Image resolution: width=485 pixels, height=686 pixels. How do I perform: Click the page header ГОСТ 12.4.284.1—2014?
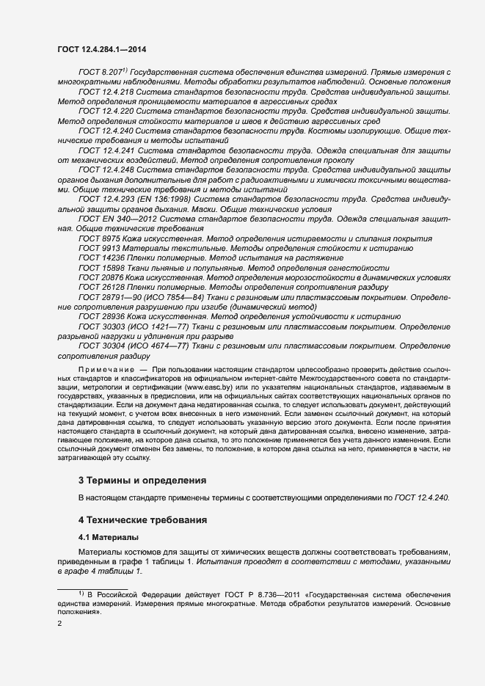click(x=106, y=49)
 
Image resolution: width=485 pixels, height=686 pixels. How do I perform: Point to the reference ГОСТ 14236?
click(x=101, y=258)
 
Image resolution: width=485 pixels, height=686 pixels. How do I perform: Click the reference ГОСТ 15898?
click(x=101, y=269)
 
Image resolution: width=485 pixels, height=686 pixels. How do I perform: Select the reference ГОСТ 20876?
click(x=101, y=278)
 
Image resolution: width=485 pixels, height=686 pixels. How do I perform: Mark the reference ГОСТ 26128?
click(x=101, y=288)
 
